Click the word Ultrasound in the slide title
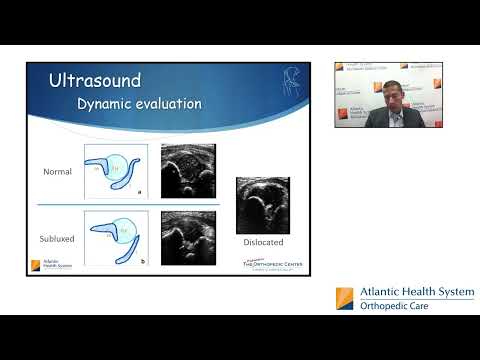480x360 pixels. (95, 80)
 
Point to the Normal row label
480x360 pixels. (57, 171)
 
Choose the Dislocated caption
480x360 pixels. (263, 242)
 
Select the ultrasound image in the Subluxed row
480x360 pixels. (187, 237)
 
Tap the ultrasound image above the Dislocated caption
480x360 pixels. (262, 204)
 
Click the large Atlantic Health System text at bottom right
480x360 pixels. (410, 292)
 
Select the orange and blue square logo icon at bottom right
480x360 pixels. (345, 297)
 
